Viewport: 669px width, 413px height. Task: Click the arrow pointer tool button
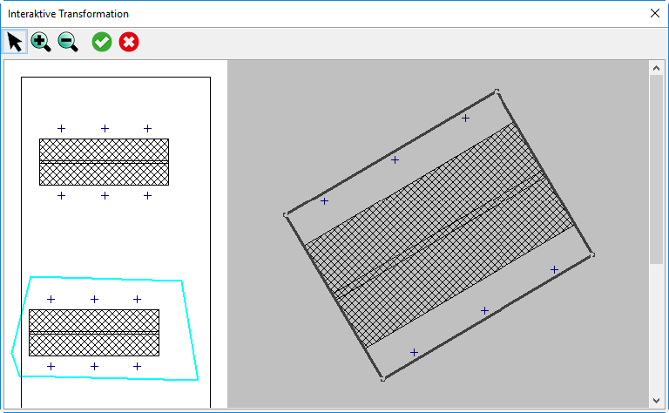pyautogui.click(x=15, y=42)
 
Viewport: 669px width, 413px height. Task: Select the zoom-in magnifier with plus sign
pyautogui.click(x=41, y=42)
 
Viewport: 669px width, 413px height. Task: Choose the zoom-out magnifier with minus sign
pyautogui.click(x=68, y=42)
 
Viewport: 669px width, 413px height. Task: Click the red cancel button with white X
pyautogui.click(x=129, y=42)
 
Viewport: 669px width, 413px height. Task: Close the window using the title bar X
pyautogui.click(x=655, y=13)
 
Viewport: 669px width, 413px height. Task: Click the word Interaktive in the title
pyautogui.click(x=31, y=14)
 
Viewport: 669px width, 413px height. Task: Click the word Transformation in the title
pyautogui.click(x=94, y=14)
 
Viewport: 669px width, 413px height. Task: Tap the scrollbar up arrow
pyautogui.click(x=656, y=68)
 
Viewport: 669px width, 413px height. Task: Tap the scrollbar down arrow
pyautogui.click(x=656, y=401)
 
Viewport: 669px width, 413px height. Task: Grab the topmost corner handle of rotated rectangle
pyautogui.click(x=497, y=91)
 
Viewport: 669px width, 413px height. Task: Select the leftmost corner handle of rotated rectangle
pyautogui.click(x=286, y=214)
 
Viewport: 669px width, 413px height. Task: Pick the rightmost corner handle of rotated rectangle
pyautogui.click(x=592, y=255)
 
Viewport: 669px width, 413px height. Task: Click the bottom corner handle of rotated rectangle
pyautogui.click(x=382, y=379)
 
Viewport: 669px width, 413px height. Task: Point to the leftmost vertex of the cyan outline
pyautogui.click(x=11, y=353)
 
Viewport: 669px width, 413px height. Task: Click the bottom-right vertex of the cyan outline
pyautogui.click(x=198, y=379)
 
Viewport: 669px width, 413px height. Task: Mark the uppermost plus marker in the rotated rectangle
pyautogui.click(x=465, y=118)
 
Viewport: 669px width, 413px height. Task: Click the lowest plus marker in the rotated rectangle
pyautogui.click(x=414, y=352)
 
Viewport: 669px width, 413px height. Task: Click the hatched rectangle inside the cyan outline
pyautogui.click(x=94, y=333)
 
